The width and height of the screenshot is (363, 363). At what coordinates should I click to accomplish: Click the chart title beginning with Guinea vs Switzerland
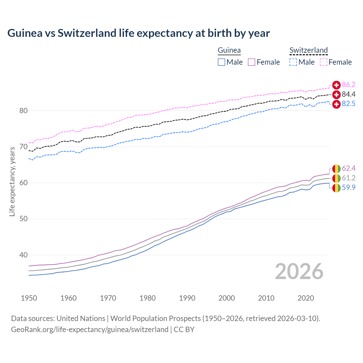pos(138,33)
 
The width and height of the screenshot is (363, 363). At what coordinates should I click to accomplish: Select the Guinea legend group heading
pos(229,50)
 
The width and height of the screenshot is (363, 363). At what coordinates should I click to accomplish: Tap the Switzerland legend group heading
pos(309,50)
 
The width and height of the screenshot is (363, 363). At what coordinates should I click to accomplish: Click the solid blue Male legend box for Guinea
pos(221,62)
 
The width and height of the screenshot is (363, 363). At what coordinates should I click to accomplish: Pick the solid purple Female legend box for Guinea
pos(252,62)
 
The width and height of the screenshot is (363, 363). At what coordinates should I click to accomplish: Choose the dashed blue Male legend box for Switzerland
pos(293,62)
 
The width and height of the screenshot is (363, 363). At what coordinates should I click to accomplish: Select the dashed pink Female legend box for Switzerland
pos(324,62)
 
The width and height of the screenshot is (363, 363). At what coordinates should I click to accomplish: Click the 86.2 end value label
pos(349,85)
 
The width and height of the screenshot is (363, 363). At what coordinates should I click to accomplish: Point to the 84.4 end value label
pos(349,94)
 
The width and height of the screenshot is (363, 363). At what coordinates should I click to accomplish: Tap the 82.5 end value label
pos(349,104)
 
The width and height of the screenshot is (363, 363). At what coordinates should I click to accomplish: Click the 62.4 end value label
pos(349,168)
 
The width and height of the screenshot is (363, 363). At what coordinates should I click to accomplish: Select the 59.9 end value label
pos(349,187)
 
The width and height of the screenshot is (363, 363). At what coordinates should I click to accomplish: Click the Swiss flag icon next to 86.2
pos(336,85)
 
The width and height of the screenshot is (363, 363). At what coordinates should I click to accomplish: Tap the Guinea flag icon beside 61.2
pos(336,178)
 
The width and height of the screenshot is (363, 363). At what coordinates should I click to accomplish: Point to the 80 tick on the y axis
pos(23,111)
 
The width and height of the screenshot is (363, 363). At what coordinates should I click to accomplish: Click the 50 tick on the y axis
pos(23,219)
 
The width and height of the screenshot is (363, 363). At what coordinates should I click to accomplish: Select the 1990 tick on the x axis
pos(187,298)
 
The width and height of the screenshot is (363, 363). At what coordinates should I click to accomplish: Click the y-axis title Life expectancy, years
pos(12,181)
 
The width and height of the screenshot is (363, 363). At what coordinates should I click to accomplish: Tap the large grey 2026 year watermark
pos(299,271)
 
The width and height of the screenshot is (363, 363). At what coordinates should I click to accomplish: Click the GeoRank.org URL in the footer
pos(90,329)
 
